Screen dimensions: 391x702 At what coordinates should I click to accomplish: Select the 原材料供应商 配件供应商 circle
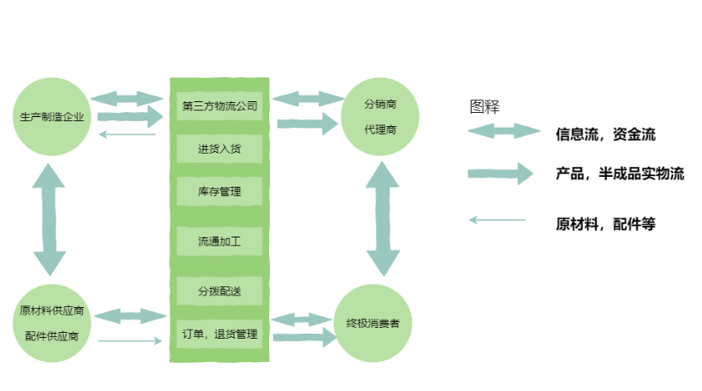click(52, 323)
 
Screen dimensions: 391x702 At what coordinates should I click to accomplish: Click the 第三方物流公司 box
click(220, 105)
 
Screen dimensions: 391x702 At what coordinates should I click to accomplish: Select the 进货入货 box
click(220, 149)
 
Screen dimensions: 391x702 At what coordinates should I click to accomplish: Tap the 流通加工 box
click(220, 242)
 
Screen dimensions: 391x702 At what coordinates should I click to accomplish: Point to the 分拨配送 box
click(220, 291)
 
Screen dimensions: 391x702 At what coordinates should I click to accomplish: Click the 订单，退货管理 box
click(220, 335)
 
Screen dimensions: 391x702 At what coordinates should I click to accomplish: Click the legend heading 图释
click(484, 106)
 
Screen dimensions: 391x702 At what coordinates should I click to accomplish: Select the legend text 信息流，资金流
click(606, 133)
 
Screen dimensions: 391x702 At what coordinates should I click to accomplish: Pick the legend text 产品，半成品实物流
click(620, 174)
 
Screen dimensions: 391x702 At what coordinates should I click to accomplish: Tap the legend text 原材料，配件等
click(606, 223)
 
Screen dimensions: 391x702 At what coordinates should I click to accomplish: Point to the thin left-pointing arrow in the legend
click(498, 220)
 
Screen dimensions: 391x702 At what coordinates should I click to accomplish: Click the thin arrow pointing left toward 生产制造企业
click(127, 134)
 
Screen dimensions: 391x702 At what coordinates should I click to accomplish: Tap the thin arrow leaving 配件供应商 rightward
click(130, 340)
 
